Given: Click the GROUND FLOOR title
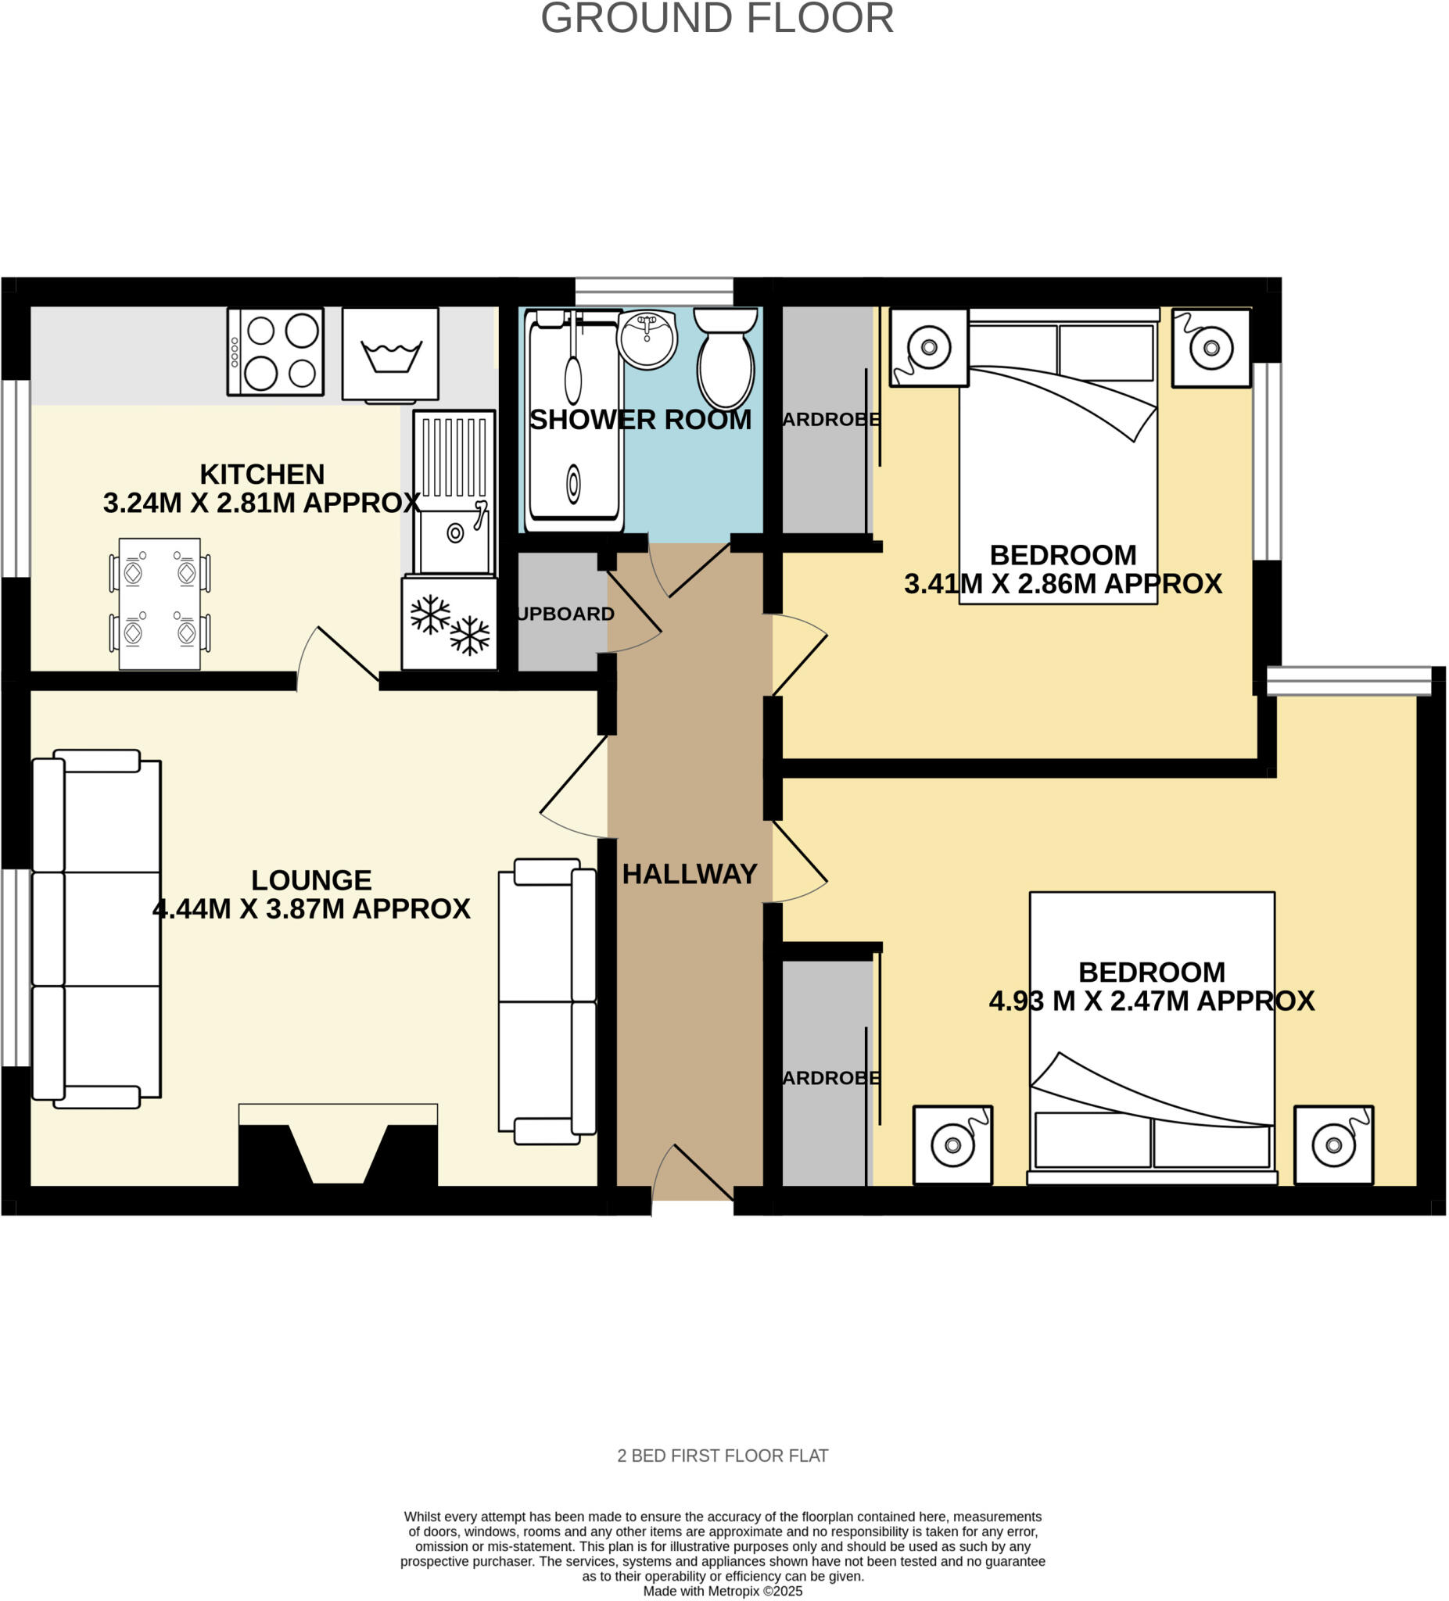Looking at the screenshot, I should (x=716, y=18).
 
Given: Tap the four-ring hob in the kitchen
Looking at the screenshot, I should (x=275, y=352).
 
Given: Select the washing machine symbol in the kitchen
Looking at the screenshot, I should (x=390, y=354).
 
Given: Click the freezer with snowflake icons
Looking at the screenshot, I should (x=450, y=623).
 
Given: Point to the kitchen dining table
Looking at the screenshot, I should (x=160, y=604).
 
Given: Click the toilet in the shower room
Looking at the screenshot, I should (x=726, y=359).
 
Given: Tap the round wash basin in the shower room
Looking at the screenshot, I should (x=647, y=339).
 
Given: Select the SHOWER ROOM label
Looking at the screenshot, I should (x=640, y=420).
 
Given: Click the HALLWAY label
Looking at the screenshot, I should (x=690, y=874).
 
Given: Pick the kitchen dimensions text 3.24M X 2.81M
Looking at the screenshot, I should (x=262, y=503).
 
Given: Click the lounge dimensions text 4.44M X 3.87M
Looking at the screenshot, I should (x=311, y=908).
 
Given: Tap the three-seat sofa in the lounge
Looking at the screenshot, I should (x=95, y=929).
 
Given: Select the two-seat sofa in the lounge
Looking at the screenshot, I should (x=547, y=1001).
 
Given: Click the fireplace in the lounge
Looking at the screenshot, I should (x=338, y=1146).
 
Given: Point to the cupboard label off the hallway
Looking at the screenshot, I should (x=565, y=614).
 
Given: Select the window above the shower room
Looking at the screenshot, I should (x=654, y=292).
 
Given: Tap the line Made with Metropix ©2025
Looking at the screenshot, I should (x=722, y=1592).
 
